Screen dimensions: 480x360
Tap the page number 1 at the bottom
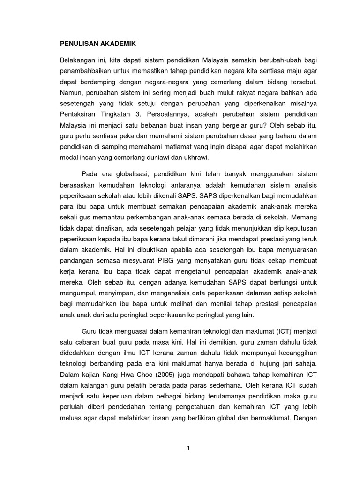coord(188,448)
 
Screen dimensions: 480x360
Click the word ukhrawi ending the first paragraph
coord(197,158)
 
